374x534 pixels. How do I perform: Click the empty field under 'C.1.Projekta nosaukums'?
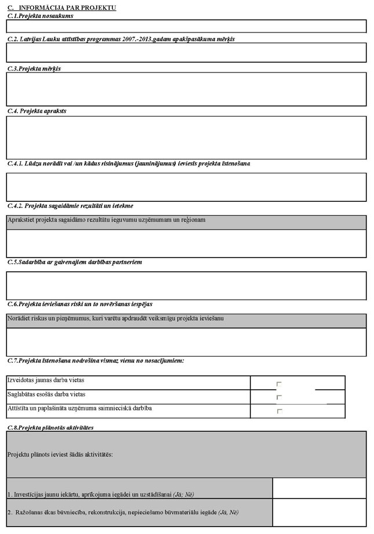186,26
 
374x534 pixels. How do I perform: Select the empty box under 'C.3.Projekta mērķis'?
186,89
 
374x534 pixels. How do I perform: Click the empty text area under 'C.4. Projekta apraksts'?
186,137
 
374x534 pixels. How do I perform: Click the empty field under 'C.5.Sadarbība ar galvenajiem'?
186,285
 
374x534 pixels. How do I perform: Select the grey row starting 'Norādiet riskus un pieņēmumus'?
186,321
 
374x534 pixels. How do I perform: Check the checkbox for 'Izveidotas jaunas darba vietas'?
279,384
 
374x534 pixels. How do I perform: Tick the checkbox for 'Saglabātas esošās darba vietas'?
279,397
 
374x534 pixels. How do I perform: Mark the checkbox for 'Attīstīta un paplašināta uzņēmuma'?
279,411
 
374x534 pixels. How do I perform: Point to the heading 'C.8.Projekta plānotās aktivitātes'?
50,427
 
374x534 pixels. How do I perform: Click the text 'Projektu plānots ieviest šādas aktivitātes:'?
60,455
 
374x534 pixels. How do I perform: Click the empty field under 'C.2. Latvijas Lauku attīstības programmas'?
186,52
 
